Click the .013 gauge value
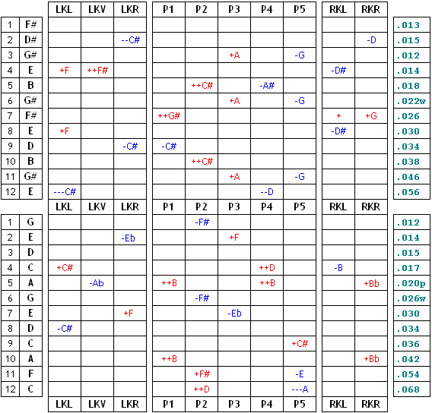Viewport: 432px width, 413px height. click(408, 25)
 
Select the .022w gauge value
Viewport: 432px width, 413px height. click(411, 101)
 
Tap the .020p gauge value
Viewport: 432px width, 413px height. click(411, 283)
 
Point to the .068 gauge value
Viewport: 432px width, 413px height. click(408, 389)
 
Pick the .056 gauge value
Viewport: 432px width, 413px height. click(408, 192)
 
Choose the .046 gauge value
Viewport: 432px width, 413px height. click(408, 177)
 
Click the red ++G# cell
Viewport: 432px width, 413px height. click(169, 115)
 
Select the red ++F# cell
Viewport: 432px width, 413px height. click(97, 71)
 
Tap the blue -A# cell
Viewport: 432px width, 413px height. click(267, 86)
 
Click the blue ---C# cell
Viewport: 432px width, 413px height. click(65, 191)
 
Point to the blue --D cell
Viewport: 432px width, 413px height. click(267, 191)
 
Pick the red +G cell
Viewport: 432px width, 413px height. click(371, 115)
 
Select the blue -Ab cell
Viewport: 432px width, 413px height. click(97, 283)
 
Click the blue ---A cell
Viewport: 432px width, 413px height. click(300, 389)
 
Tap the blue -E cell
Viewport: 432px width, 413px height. click(300, 374)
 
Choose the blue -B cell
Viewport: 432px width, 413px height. click(338, 267)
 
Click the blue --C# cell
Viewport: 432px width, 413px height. click(131, 40)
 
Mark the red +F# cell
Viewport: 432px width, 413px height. click(202, 374)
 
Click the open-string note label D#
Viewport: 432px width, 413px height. click(30, 40)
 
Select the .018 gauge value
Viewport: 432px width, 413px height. click(408, 86)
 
